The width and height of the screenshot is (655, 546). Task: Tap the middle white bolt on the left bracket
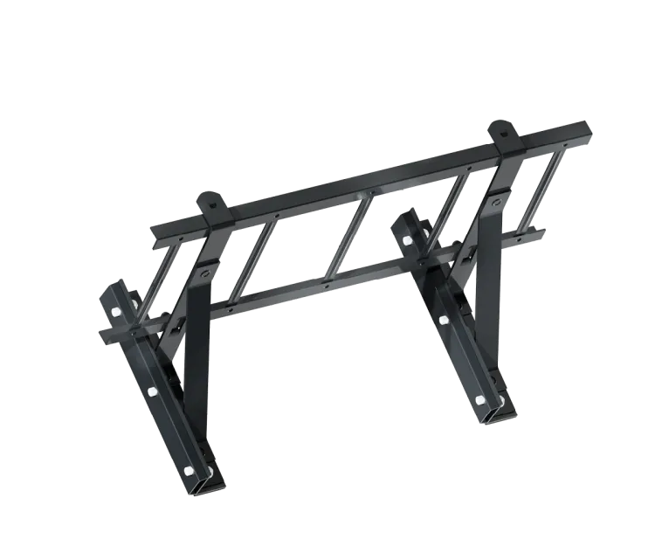click(x=152, y=390)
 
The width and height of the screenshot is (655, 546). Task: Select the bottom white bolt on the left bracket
click(x=189, y=472)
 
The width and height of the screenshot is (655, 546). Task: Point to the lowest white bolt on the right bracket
click(x=479, y=399)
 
